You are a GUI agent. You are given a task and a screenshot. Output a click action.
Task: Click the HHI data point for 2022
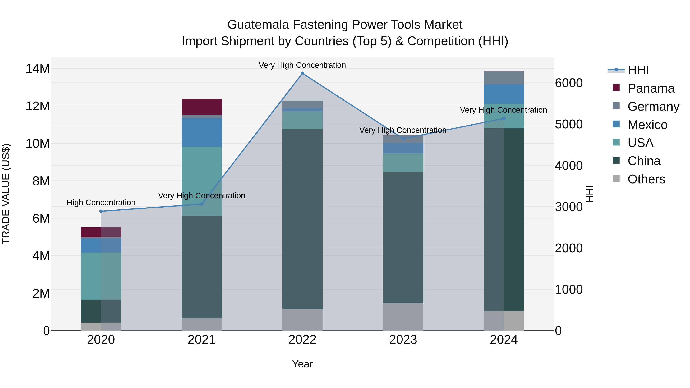[302, 73]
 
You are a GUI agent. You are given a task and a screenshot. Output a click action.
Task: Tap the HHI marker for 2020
[101, 211]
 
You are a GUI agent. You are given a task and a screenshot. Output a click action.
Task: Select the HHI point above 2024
[504, 118]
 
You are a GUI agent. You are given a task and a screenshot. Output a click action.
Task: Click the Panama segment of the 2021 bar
[202, 107]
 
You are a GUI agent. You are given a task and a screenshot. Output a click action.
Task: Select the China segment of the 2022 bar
[302, 219]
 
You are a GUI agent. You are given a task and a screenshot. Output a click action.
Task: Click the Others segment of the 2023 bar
[403, 317]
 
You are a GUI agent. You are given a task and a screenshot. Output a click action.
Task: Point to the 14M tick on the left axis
[38, 69]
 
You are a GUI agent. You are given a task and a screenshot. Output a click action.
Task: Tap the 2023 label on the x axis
[403, 340]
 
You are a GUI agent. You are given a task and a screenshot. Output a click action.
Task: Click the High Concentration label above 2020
[101, 203]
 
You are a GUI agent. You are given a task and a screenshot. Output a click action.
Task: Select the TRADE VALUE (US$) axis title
[6, 194]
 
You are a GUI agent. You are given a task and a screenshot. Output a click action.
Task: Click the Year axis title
[302, 364]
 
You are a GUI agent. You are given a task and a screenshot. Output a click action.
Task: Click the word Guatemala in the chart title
[258, 25]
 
